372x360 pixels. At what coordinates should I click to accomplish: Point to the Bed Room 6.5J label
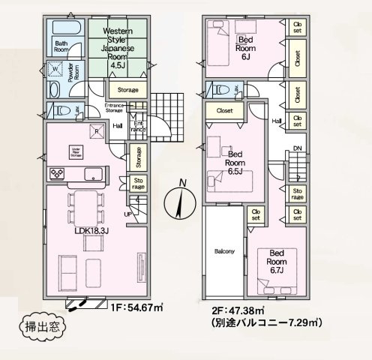[235, 163]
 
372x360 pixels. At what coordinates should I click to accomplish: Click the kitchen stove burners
[57, 174]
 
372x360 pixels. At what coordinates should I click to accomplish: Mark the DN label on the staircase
[298, 148]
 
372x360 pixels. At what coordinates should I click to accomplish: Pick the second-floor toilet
[223, 89]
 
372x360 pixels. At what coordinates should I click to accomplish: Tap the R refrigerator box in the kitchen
[96, 132]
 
